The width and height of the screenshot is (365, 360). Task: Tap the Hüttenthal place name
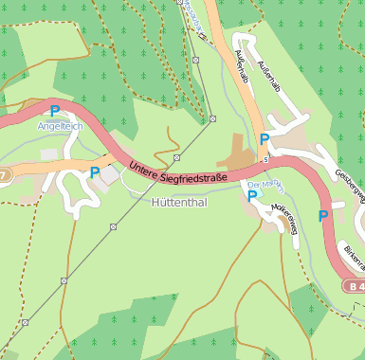tap(180, 202)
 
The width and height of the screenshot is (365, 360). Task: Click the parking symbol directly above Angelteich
tap(55, 111)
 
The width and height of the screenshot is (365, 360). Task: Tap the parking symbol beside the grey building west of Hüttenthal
tap(94, 172)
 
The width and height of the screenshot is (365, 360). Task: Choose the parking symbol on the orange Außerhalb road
tap(265, 139)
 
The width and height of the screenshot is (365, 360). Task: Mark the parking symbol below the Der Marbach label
tap(252, 196)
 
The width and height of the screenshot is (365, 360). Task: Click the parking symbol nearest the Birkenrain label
tap(324, 216)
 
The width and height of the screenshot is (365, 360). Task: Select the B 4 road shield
tap(355, 286)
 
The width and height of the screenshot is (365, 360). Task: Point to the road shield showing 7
tap(4, 175)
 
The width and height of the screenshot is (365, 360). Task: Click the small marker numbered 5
tap(266, 159)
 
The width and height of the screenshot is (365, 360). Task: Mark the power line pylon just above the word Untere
tap(177, 157)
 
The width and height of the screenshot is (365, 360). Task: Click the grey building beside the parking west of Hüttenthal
tap(110, 175)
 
